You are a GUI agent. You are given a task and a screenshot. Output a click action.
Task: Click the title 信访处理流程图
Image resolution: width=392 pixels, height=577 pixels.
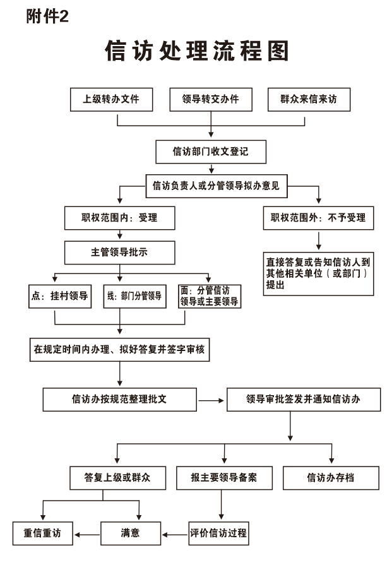[x=196, y=51]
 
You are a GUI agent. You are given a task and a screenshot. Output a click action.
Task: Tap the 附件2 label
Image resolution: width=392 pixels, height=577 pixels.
[x=47, y=16]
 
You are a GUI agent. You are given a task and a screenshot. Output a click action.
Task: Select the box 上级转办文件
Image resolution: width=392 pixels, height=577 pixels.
[x=111, y=99]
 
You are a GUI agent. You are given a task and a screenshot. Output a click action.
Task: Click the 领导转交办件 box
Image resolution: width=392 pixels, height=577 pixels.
[x=211, y=99]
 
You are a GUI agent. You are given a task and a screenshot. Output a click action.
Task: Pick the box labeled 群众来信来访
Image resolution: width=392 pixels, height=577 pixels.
[x=309, y=99]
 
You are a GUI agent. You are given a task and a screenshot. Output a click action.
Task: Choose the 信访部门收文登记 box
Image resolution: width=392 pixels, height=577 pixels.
[x=211, y=152]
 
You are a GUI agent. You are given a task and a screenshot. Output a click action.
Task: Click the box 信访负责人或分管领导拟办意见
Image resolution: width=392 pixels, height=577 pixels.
[x=217, y=186]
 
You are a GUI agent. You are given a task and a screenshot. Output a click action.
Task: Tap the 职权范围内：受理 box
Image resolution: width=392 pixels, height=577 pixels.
[x=120, y=218]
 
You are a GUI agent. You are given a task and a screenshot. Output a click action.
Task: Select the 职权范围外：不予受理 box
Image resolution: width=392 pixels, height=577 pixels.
[x=318, y=218]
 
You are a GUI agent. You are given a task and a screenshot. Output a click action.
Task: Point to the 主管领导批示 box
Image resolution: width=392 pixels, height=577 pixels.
[x=120, y=253]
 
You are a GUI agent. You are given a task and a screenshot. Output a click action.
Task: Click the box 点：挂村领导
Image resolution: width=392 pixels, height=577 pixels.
[x=60, y=296]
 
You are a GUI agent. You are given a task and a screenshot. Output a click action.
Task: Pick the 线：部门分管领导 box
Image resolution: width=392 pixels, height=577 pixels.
[x=134, y=296]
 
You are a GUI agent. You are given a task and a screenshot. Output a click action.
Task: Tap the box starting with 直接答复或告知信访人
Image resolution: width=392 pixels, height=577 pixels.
[x=318, y=274]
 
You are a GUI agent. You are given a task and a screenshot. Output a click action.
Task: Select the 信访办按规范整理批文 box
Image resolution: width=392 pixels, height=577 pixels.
[x=120, y=399]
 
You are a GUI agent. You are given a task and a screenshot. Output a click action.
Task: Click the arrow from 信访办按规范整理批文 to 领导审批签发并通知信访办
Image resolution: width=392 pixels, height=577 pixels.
[x=211, y=400]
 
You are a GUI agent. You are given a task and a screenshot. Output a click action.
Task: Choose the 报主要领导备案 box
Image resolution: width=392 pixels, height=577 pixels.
[x=224, y=478]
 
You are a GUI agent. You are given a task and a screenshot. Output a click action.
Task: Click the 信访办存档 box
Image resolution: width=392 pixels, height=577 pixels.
[x=331, y=478]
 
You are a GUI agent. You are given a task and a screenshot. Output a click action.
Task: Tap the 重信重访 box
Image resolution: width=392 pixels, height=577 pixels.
[x=43, y=533]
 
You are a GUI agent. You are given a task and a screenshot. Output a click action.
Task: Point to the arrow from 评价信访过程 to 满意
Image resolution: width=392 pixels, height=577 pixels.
[x=175, y=535]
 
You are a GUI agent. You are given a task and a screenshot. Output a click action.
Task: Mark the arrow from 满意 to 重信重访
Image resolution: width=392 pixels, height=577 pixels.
[x=87, y=535]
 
